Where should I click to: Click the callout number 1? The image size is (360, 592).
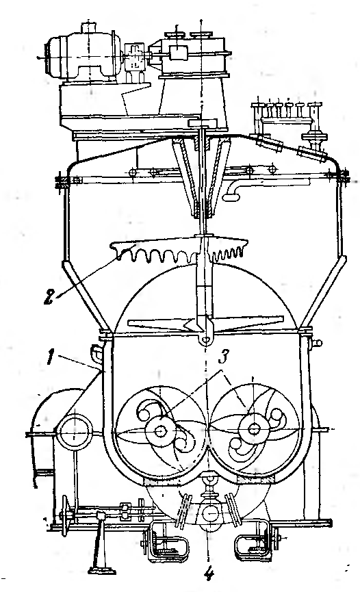tap(50, 357)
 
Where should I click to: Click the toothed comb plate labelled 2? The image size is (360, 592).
tap(179, 249)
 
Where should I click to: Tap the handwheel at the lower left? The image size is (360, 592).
tap(66, 514)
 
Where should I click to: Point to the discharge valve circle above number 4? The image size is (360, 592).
tap(209, 513)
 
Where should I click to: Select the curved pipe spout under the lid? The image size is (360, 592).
tap(233, 190)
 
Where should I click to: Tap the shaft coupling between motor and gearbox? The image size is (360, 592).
tap(134, 56)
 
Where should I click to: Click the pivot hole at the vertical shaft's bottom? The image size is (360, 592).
tap(205, 339)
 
